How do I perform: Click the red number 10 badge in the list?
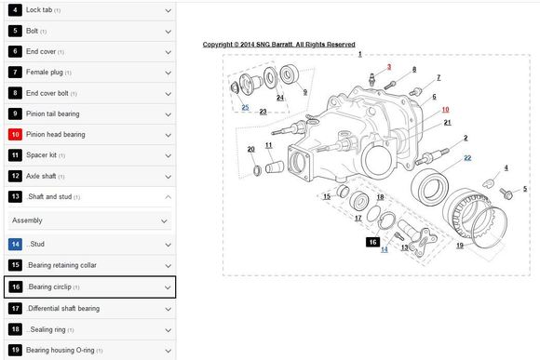[15, 134]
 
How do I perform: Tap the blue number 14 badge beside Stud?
[15, 244]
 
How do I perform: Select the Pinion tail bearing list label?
[53, 113]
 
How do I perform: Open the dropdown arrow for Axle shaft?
[169, 177]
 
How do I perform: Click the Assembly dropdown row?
[89, 220]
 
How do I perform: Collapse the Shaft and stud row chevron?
[169, 197]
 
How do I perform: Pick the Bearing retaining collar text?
[62, 265]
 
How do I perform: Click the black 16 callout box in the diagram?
[373, 242]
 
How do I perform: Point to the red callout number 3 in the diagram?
[389, 67]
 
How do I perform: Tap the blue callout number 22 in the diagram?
[467, 157]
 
